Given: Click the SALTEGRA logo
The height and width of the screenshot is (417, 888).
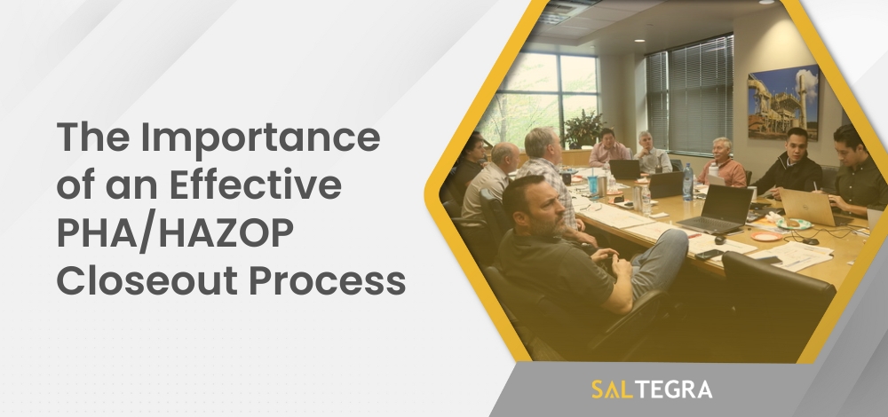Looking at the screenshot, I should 651,389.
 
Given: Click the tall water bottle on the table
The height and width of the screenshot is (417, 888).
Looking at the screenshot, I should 687,180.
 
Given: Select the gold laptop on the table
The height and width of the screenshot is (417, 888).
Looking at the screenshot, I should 806,207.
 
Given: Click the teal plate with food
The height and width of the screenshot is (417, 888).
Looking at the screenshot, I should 793,224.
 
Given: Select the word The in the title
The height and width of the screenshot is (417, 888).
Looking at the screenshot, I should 90,140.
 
